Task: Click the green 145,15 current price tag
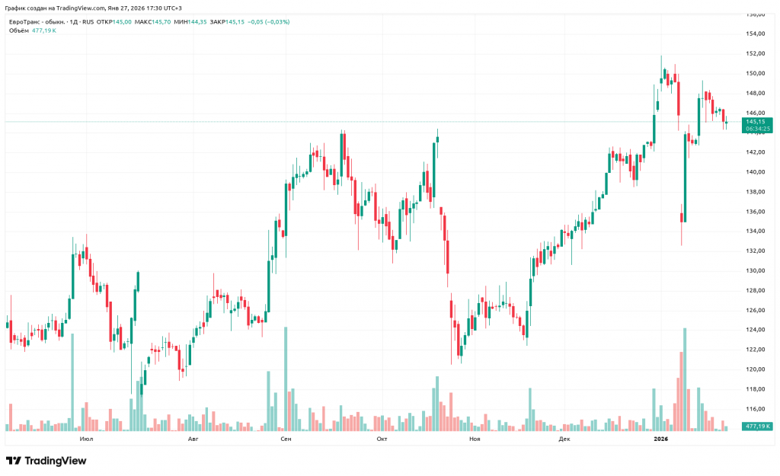756,121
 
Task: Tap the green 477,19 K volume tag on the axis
758,426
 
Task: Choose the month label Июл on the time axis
86,439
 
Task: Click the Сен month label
286,439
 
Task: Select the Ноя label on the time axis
475,439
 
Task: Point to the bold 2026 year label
660,439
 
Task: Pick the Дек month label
564,439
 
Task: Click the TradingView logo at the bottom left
46,461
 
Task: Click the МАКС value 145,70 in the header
161,22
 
